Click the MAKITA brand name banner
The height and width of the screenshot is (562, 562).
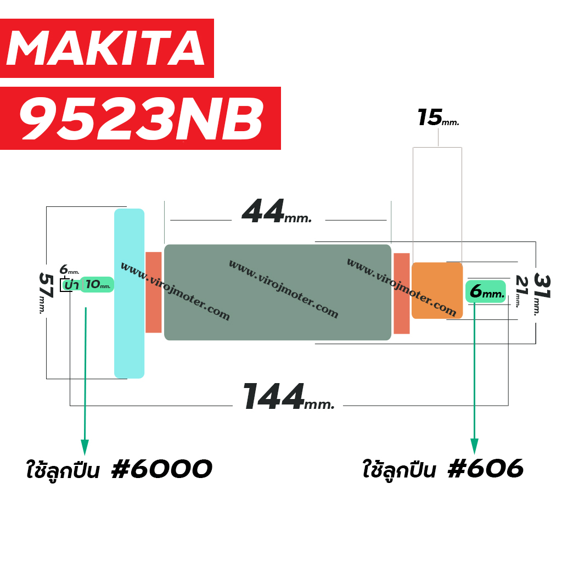coord(107,48)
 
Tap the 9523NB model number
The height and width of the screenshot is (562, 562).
coord(140,119)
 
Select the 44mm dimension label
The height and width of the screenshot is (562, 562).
coord(277,211)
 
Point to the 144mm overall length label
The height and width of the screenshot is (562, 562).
coord(289,396)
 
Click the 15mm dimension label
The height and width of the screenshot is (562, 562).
coord(438,117)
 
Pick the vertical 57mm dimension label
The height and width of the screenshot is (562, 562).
coord(46,293)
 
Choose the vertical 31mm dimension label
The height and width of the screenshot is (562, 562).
coord(542,294)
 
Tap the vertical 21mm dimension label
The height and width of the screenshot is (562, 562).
coord(521,291)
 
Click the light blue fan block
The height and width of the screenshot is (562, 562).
coord(129,293)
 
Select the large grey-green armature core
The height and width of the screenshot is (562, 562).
coord(277,292)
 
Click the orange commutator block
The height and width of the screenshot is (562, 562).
coord(437,291)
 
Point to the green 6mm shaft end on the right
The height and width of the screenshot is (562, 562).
coord(486,291)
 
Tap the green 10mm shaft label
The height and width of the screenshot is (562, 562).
coord(97,285)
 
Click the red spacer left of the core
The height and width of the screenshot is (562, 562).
coord(154,292)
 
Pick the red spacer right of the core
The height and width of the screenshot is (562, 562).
coord(401,293)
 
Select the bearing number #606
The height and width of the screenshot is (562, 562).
coord(486,468)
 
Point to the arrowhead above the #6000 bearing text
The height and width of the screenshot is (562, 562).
coord(85,447)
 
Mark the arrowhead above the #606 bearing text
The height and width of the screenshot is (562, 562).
coord(474,446)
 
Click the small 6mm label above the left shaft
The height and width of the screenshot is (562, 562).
coord(69,269)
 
